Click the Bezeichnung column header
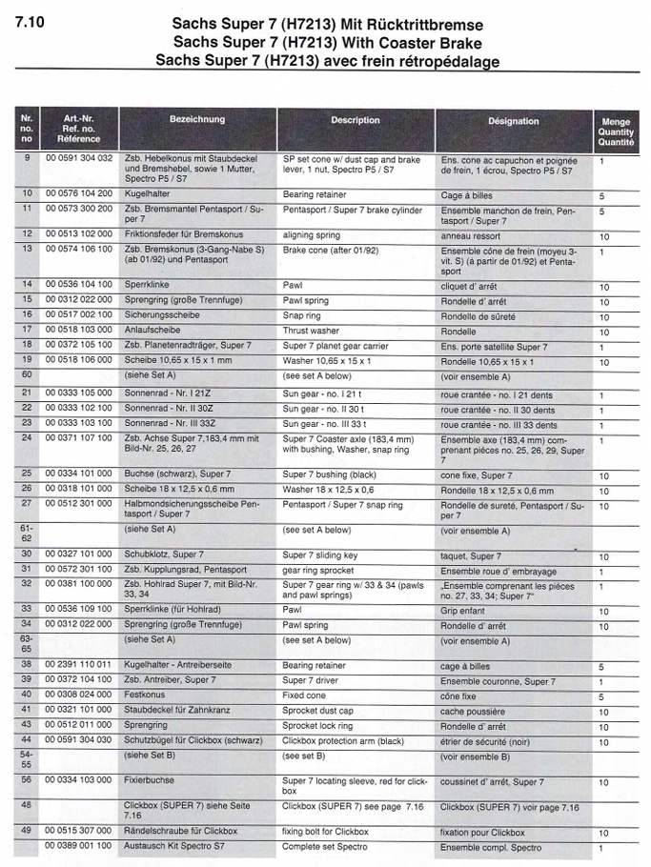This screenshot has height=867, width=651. point(197,120)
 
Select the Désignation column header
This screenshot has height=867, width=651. point(513,121)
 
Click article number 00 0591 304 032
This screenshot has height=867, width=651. point(78,159)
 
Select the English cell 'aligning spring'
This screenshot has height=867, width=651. point(312,233)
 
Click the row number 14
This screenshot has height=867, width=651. point(27,284)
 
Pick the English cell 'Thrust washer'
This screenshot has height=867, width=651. point(312,330)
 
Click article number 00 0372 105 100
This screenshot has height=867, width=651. point(78,345)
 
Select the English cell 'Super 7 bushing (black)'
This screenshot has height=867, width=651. point(330,474)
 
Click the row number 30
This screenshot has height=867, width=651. point(27,554)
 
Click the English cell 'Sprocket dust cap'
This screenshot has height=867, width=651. point(318,711)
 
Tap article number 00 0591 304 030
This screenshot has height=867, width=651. point(78,740)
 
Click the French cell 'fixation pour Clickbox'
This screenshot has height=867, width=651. point(482,833)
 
